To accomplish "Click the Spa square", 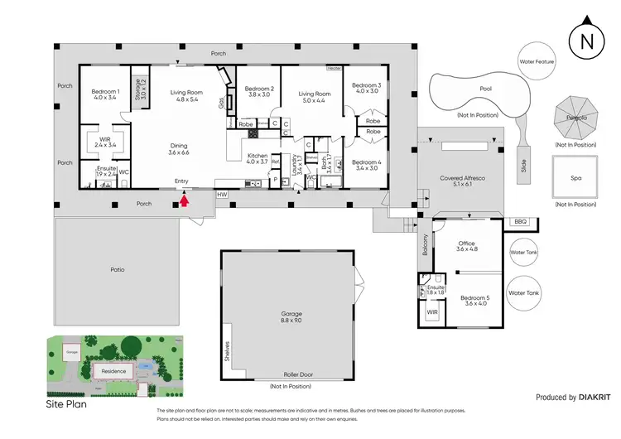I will click(x=575, y=178).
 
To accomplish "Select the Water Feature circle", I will click(x=536, y=62).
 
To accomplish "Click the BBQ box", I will click(x=520, y=222).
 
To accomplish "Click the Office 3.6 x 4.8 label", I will click(x=468, y=246).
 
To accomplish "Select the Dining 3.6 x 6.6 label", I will click(x=179, y=148).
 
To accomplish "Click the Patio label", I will click(x=118, y=268).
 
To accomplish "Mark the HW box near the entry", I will click(x=221, y=194).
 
